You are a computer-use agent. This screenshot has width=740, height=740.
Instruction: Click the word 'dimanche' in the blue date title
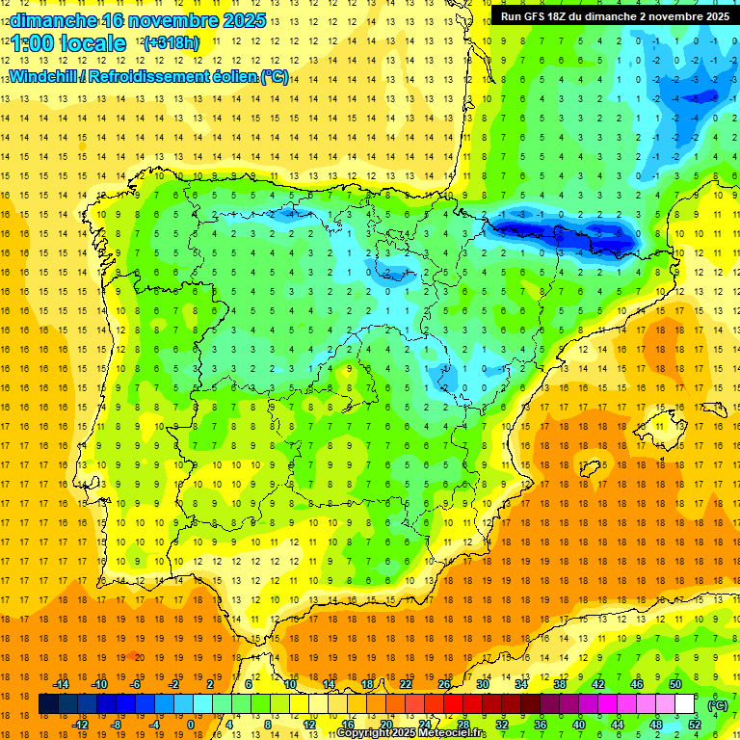pos(53,20)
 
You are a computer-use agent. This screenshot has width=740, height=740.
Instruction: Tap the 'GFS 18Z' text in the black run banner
pos(550,16)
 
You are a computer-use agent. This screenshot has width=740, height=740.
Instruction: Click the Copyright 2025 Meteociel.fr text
pos(411,733)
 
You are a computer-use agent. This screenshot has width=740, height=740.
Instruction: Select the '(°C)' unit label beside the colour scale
pos(717,705)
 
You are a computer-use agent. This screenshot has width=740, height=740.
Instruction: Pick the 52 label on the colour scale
pos(695,725)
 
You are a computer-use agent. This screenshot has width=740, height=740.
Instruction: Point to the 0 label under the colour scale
pos(190,725)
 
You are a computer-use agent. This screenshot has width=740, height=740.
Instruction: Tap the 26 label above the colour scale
pos(444,684)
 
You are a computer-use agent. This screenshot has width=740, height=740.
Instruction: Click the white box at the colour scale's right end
pos(685,704)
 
